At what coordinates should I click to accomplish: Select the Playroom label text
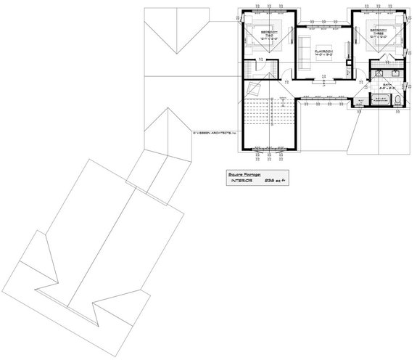323,51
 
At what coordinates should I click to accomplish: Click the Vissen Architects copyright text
215,132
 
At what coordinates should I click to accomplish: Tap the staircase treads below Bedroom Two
268,112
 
